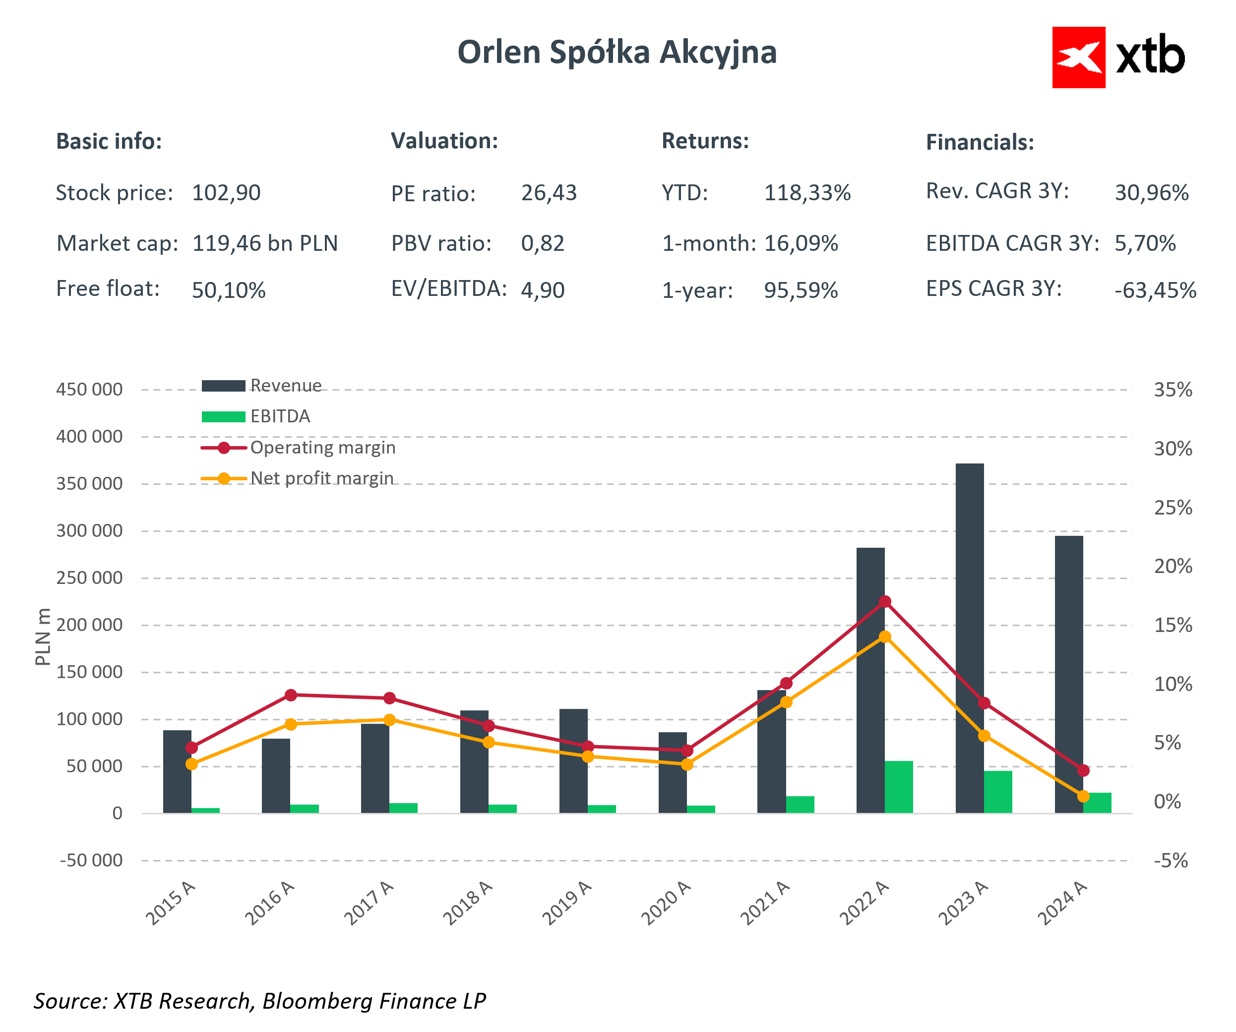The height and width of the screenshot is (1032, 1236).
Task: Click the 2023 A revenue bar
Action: pyautogui.click(x=969, y=638)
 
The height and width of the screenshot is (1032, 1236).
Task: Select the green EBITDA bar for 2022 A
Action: pyautogui.click(x=899, y=787)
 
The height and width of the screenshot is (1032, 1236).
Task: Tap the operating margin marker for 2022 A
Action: pyautogui.click(x=885, y=601)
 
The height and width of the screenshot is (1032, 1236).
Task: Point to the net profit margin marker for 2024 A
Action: pyautogui.click(x=1083, y=796)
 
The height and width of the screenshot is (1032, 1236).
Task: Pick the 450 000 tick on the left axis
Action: pyautogui.click(x=89, y=390)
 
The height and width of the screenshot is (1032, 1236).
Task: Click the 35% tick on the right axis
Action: pyautogui.click(x=1173, y=390)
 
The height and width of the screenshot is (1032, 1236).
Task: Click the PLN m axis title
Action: pyautogui.click(x=42, y=636)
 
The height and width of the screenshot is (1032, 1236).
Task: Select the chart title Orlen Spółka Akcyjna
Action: pyautogui.click(x=617, y=53)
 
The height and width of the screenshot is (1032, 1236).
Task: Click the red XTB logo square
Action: pyautogui.click(x=1078, y=57)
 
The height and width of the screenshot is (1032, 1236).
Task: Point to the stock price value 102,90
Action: pyautogui.click(x=226, y=193)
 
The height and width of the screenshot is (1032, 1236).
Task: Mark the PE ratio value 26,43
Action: pyautogui.click(x=549, y=193)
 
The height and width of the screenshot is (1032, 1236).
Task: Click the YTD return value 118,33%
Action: pyautogui.click(x=807, y=193)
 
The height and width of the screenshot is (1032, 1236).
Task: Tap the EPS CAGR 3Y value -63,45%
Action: pyautogui.click(x=1155, y=290)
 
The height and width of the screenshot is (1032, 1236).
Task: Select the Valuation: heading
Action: pyautogui.click(x=444, y=141)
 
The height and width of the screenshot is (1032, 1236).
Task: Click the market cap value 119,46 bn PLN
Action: pyautogui.click(x=265, y=243)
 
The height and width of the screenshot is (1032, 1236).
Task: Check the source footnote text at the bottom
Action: pyautogui.click(x=259, y=1001)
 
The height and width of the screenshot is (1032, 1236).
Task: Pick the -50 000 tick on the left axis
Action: pyautogui.click(x=91, y=860)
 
